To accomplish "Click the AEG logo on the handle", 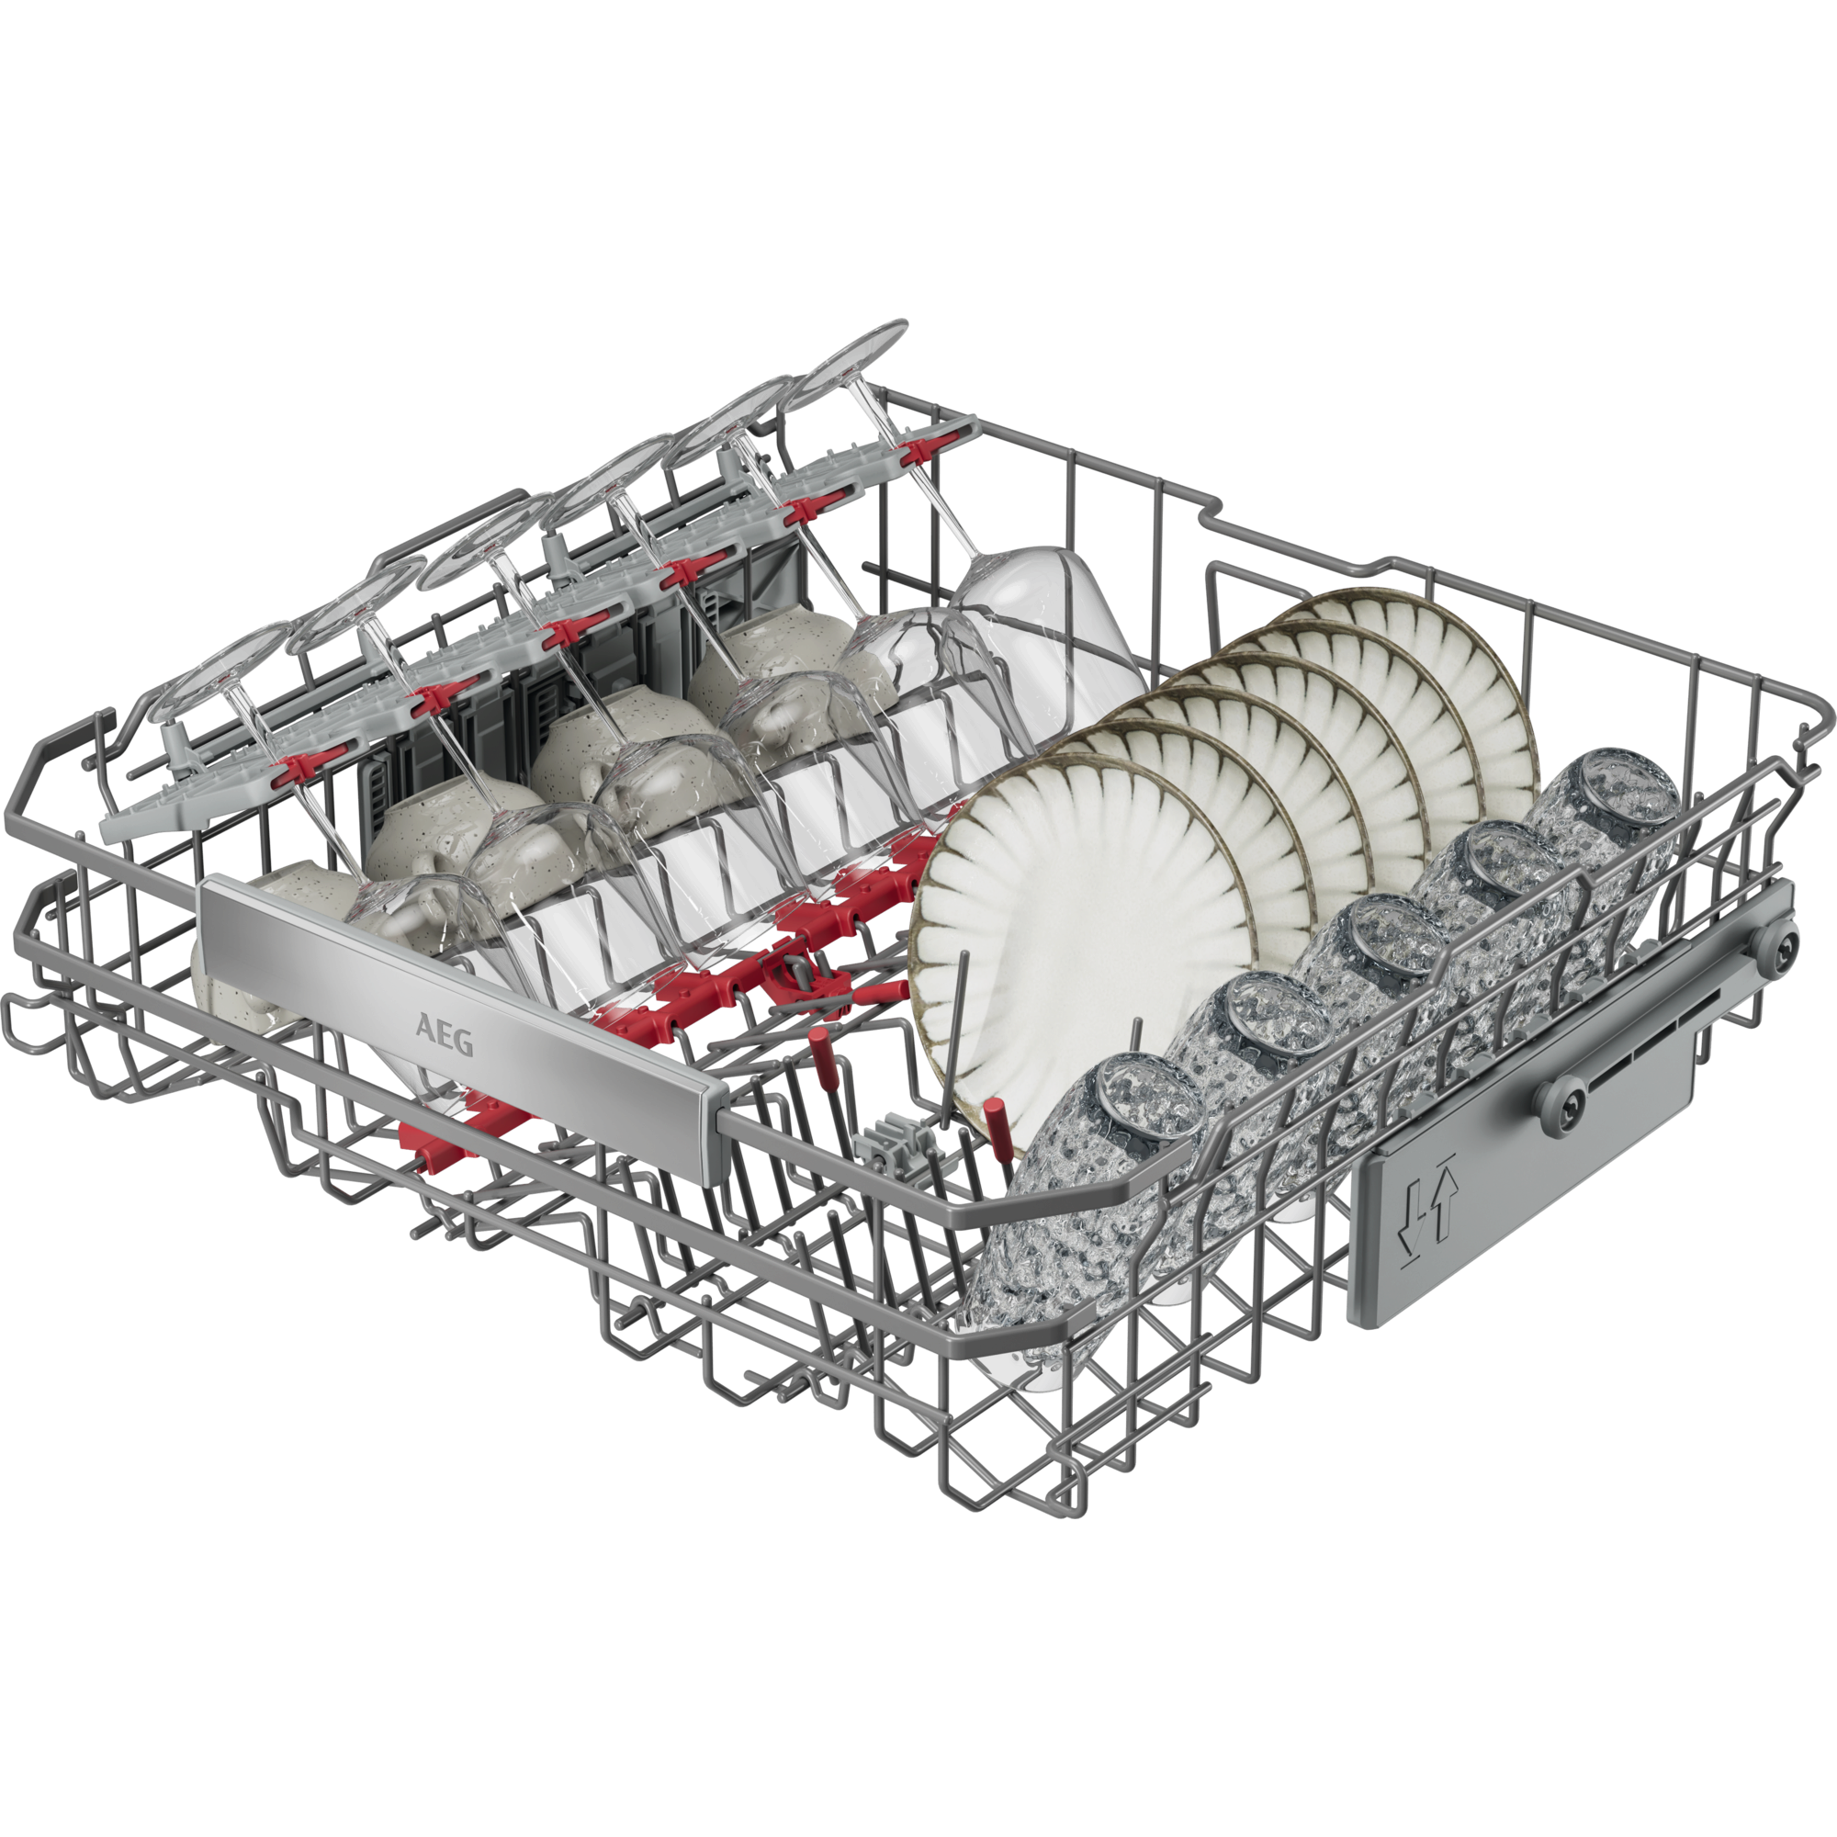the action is click(x=444, y=1034).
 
